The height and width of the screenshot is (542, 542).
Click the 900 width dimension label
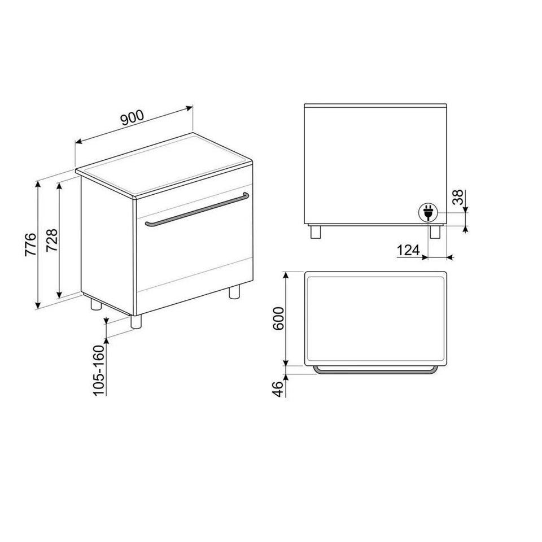[x=132, y=117]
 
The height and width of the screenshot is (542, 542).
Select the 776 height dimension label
[x=30, y=244]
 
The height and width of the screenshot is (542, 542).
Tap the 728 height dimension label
[x=52, y=241]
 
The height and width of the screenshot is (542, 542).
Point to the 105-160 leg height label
[x=99, y=370]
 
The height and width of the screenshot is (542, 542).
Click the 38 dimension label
[x=458, y=198]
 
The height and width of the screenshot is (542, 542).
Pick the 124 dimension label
[x=408, y=250]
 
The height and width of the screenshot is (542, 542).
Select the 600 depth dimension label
[x=278, y=318]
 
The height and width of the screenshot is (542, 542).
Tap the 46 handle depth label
[x=278, y=389]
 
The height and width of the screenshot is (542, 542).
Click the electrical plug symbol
[x=428, y=212]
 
